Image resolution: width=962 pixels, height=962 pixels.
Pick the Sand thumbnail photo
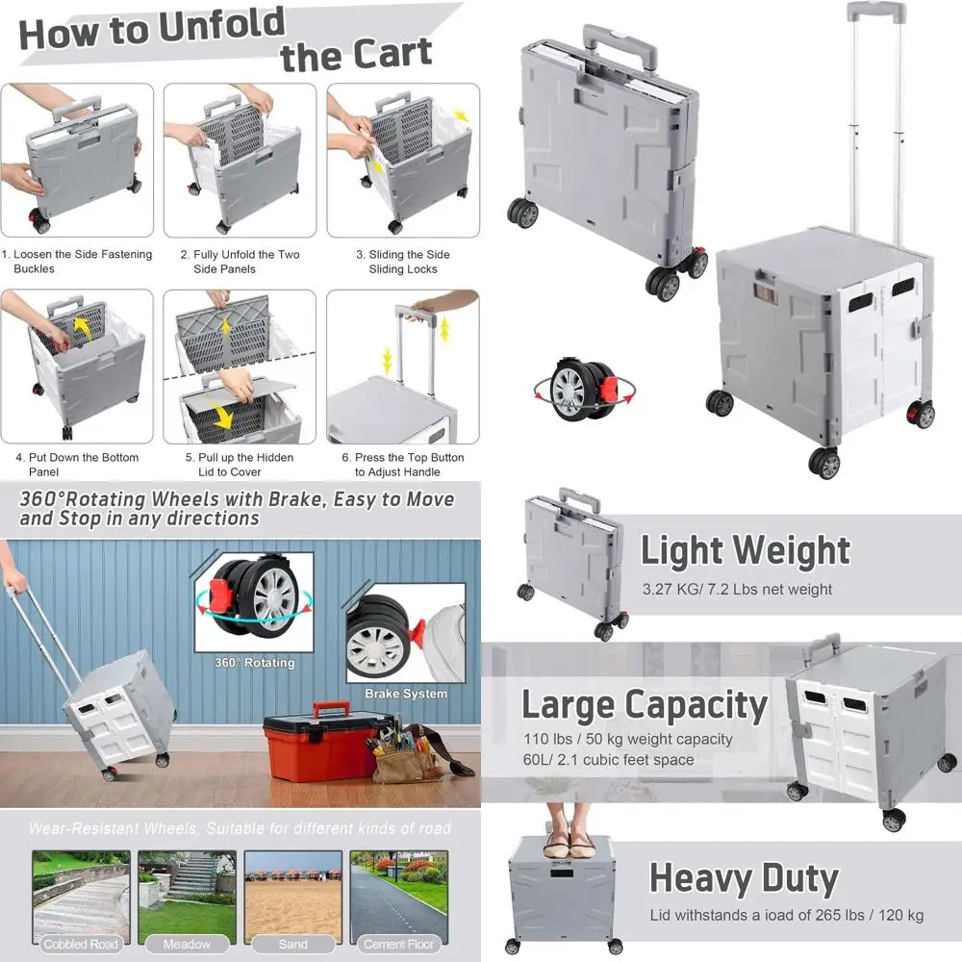click(x=292, y=897)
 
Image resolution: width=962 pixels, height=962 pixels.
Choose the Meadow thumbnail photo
click(x=187, y=897)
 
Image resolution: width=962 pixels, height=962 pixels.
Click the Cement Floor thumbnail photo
click(x=397, y=897)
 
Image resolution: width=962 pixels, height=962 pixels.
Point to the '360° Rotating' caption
click(x=255, y=663)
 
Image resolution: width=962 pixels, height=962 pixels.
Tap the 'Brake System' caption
click(x=405, y=694)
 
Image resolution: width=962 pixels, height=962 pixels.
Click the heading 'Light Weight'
click(x=746, y=551)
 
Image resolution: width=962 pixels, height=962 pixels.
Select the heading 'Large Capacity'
click(x=645, y=705)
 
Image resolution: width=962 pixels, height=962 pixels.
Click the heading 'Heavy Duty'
click(x=744, y=878)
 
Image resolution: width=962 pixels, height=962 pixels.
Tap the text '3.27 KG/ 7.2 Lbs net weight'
click(x=737, y=590)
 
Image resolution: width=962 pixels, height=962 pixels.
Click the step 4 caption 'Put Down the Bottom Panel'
click(x=77, y=465)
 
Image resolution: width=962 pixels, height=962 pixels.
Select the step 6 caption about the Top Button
click(x=409, y=465)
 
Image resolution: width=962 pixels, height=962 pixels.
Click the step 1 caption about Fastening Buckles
click(x=77, y=262)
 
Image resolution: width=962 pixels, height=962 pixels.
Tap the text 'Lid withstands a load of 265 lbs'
click(x=786, y=915)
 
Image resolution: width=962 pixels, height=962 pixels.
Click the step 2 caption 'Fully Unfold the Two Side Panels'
click(x=240, y=262)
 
